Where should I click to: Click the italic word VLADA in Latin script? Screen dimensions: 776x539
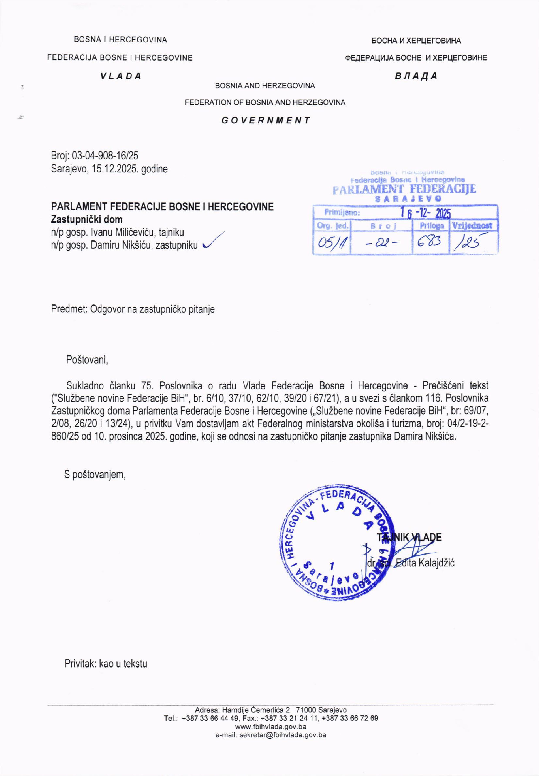point(121,76)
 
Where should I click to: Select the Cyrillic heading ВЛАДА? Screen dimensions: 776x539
point(416,76)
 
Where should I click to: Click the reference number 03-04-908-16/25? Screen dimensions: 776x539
point(105,156)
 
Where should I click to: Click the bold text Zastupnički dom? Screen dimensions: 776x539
point(86,220)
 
